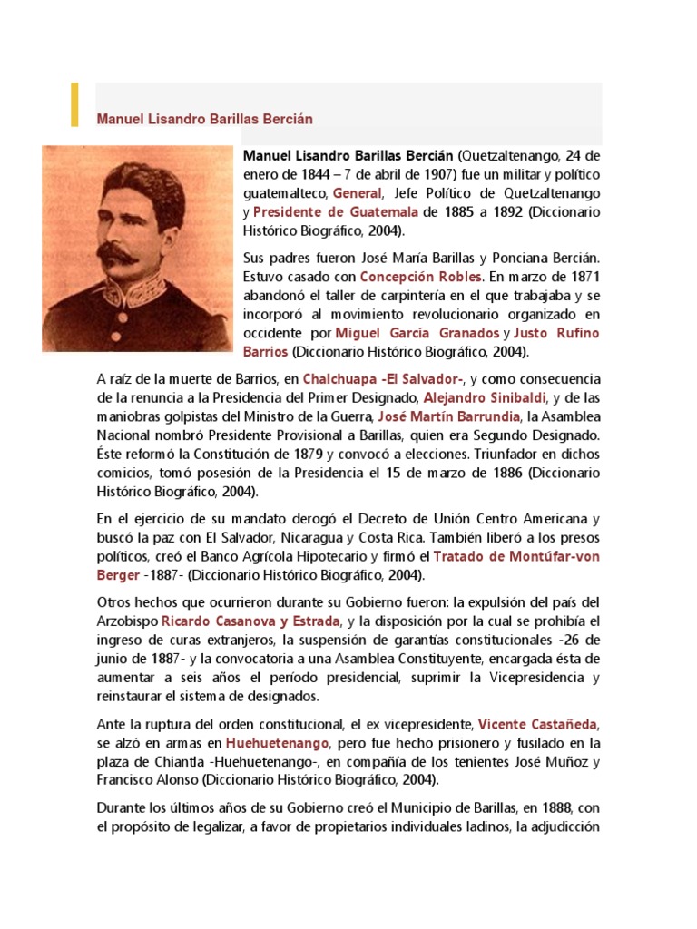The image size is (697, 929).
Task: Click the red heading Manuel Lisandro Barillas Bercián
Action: click(204, 119)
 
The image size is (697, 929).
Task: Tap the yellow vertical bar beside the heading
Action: click(75, 104)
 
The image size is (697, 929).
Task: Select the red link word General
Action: click(358, 193)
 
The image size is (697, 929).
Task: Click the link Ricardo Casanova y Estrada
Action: click(250, 621)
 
